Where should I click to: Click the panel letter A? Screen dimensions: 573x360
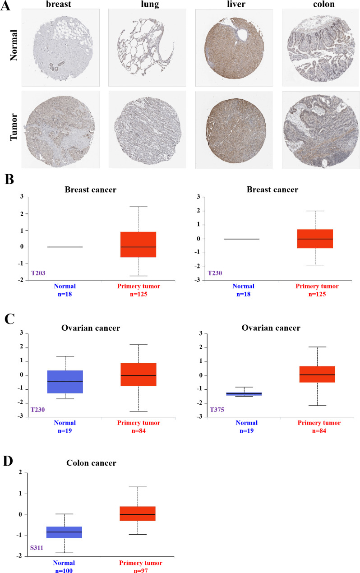click(7, 8)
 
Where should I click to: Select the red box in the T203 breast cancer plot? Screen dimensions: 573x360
click(138, 251)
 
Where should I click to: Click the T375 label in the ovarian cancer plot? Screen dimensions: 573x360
click(215, 410)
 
